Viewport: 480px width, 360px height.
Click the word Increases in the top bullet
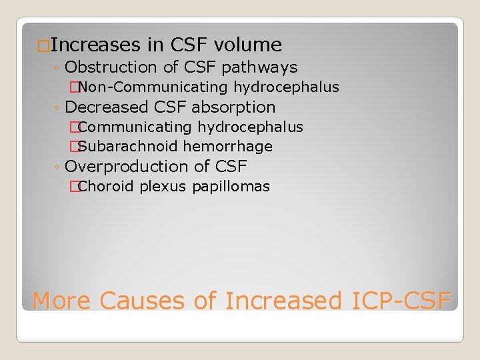95,45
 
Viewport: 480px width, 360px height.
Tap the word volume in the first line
248,45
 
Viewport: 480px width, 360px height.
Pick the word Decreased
108,107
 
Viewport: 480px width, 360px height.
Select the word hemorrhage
227,147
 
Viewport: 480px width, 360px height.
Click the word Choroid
106,187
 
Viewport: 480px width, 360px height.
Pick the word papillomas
231,187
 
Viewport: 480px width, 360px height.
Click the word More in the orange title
61,301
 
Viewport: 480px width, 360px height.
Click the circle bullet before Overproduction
57,167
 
